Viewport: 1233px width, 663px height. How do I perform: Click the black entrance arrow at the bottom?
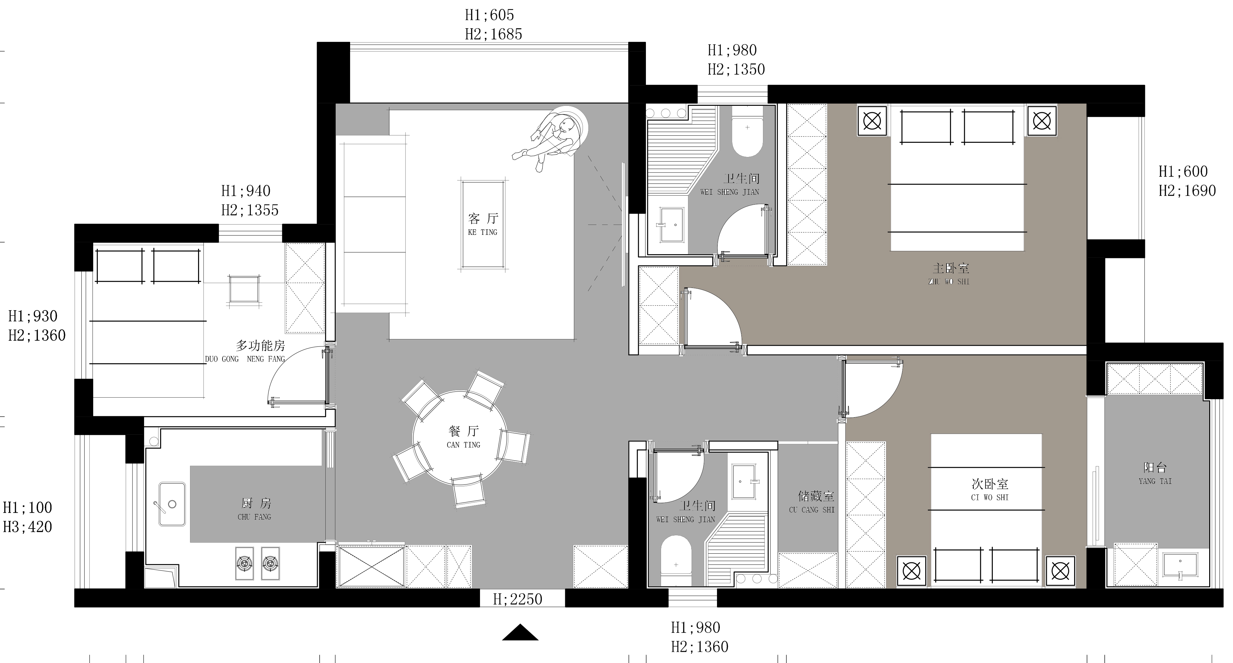[x=520, y=632]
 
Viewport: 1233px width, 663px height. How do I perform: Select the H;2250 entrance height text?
[x=517, y=599]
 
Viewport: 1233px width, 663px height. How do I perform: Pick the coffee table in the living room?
[x=483, y=224]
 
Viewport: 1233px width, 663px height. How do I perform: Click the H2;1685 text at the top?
[x=494, y=34]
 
